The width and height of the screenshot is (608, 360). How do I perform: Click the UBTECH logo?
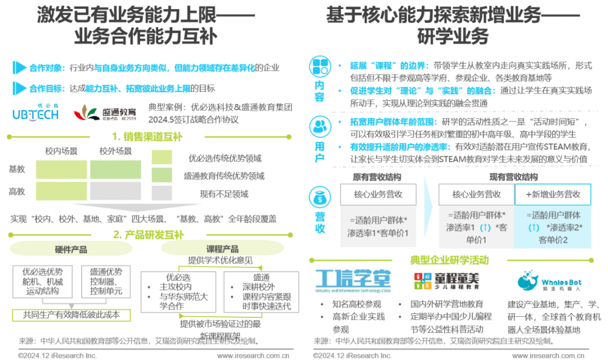pyautogui.click(x=35, y=112)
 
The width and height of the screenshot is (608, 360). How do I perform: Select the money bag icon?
pyautogui.click(x=320, y=198)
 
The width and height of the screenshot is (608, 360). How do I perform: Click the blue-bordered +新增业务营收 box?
pyautogui.click(x=553, y=194)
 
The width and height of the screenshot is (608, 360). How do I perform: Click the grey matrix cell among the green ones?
pyautogui.click(x=115, y=191)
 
